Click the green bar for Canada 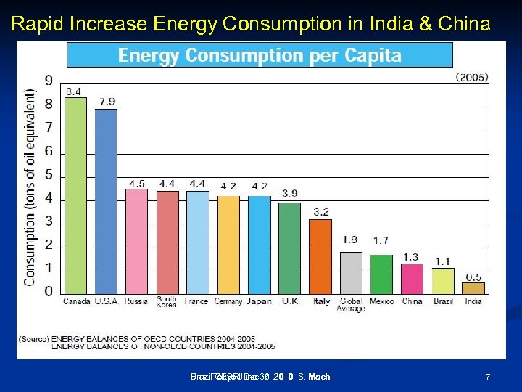75,195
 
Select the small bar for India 473,288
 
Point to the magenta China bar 412,279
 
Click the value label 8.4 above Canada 74,91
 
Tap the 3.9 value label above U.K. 289,193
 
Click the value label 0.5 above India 473,277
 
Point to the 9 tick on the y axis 49,81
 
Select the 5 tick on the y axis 49,174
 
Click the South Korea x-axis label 166,301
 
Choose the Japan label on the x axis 258,301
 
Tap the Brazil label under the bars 442,301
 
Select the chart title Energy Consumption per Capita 260,55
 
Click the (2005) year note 471,75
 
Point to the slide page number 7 488,377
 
